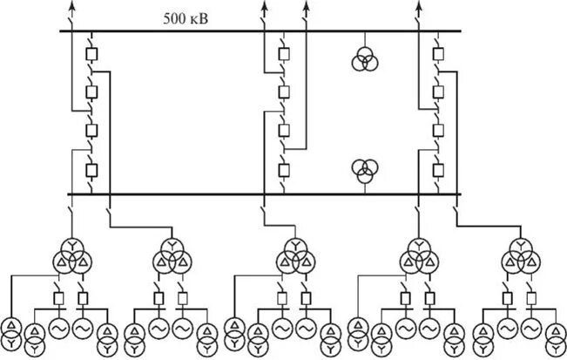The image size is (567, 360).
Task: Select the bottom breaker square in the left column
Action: tap(91, 169)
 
